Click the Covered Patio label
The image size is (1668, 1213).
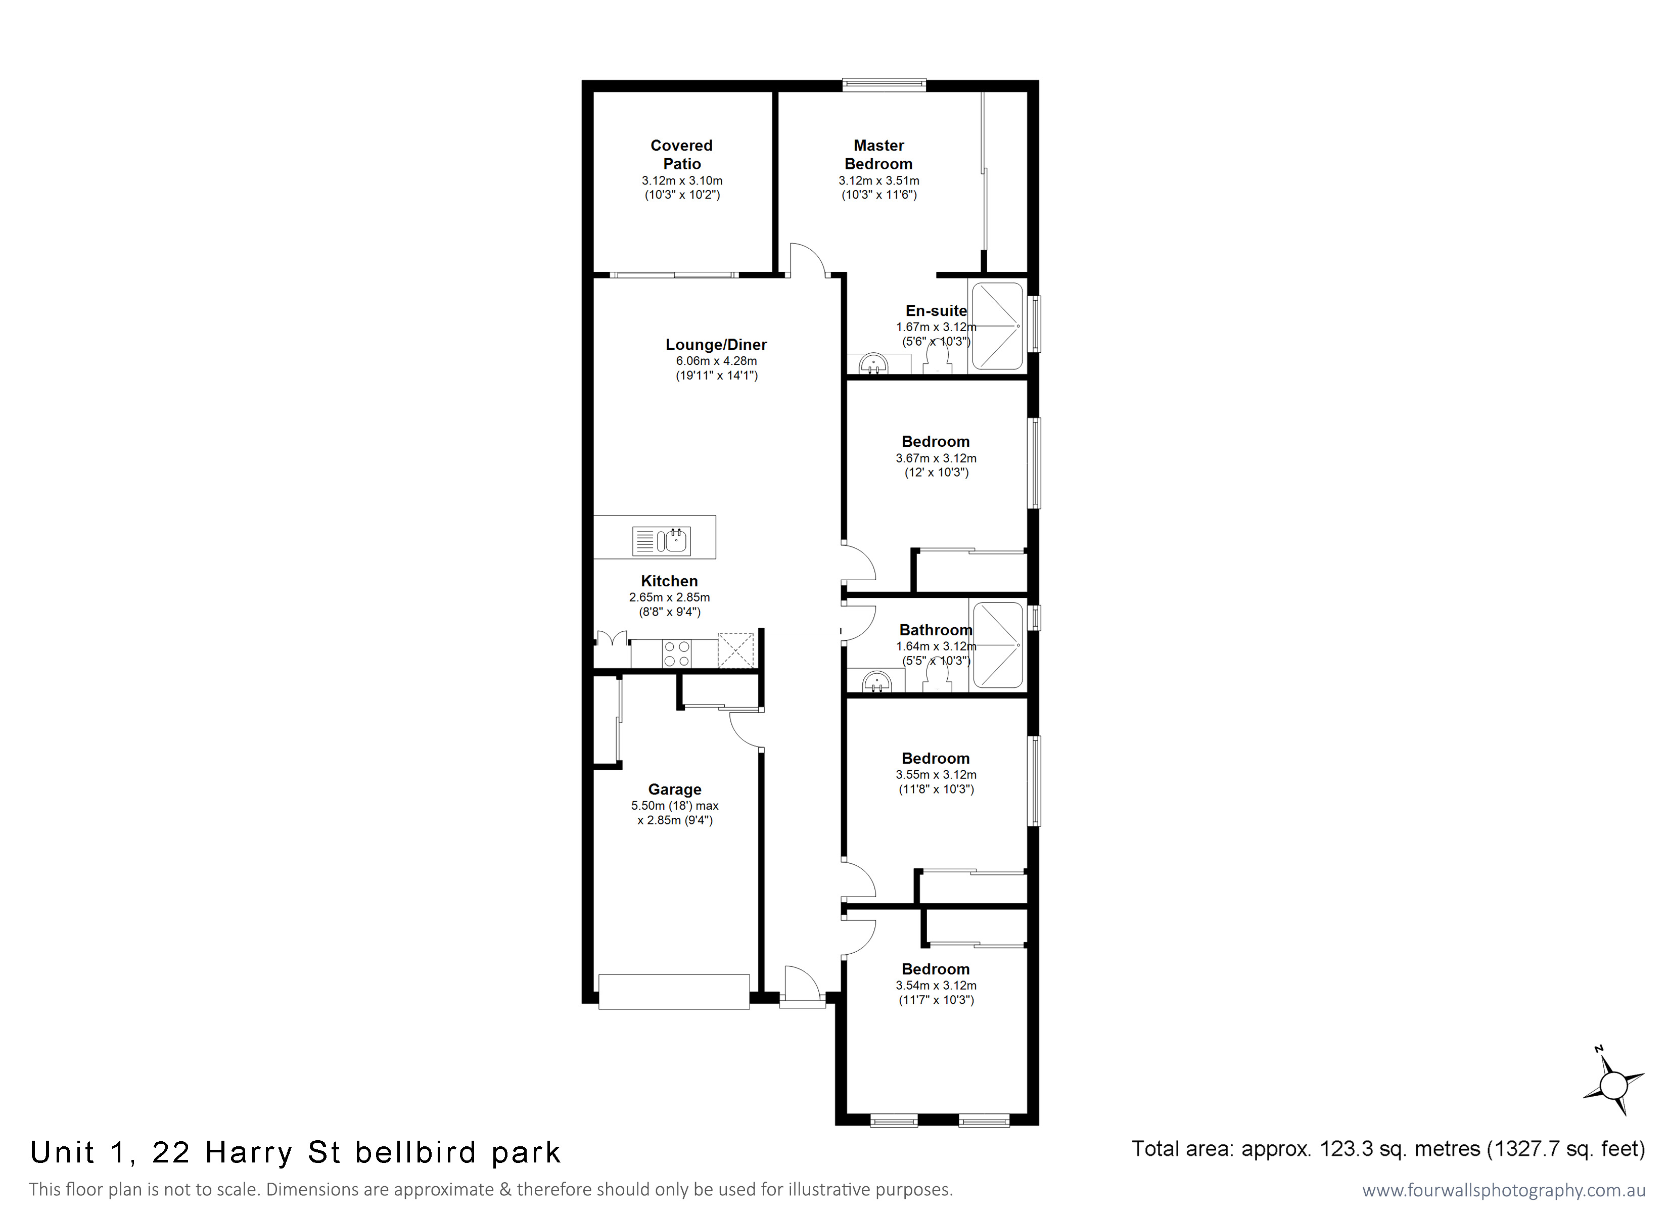click(x=682, y=155)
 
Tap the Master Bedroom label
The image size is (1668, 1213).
click(x=879, y=155)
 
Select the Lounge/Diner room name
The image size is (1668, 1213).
click(x=716, y=344)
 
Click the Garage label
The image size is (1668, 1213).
click(x=674, y=789)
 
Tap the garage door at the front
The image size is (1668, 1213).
click(x=674, y=992)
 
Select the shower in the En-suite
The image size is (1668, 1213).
click(x=997, y=326)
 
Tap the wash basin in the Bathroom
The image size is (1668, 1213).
click(x=876, y=681)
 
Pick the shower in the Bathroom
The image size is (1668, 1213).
click(x=997, y=645)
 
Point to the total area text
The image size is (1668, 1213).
click(x=1388, y=1148)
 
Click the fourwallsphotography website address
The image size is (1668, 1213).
click(x=1503, y=1190)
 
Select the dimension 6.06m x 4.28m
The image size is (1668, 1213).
click(x=716, y=360)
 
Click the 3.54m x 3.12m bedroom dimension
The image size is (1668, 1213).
click(x=936, y=985)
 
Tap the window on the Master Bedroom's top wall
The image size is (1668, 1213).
click(x=884, y=85)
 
